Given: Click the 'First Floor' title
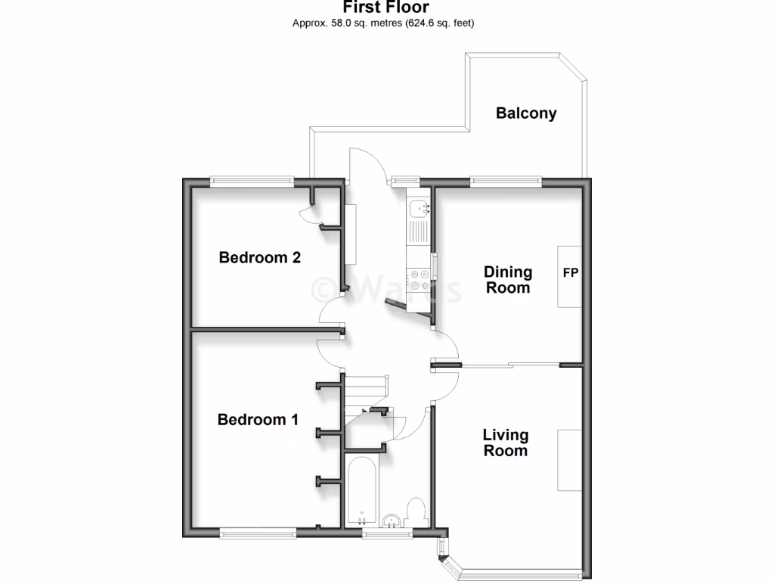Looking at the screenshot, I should (386, 8).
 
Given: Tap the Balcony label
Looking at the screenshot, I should (526, 113).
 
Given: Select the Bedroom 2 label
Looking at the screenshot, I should (259, 257).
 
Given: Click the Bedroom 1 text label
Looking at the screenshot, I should (258, 419).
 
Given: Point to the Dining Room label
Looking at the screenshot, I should (508, 279).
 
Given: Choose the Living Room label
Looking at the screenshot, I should (506, 443).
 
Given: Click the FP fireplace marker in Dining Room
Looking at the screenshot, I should (570, 273).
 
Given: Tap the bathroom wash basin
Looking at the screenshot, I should (392, 520).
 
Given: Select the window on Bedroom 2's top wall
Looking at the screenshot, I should (252, 181).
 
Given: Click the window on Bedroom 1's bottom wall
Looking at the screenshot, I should (259, 533).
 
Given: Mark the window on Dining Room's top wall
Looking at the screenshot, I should (505, 181).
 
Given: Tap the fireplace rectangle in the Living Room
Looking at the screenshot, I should (570, 459).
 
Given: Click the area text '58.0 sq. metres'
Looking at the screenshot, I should (355, 23).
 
